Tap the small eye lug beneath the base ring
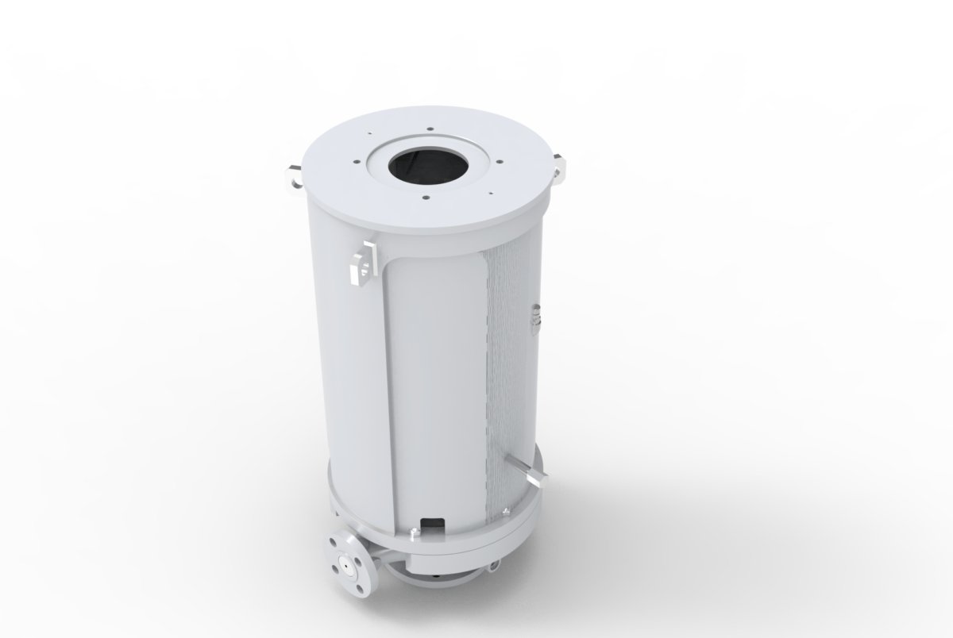(496, 565)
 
